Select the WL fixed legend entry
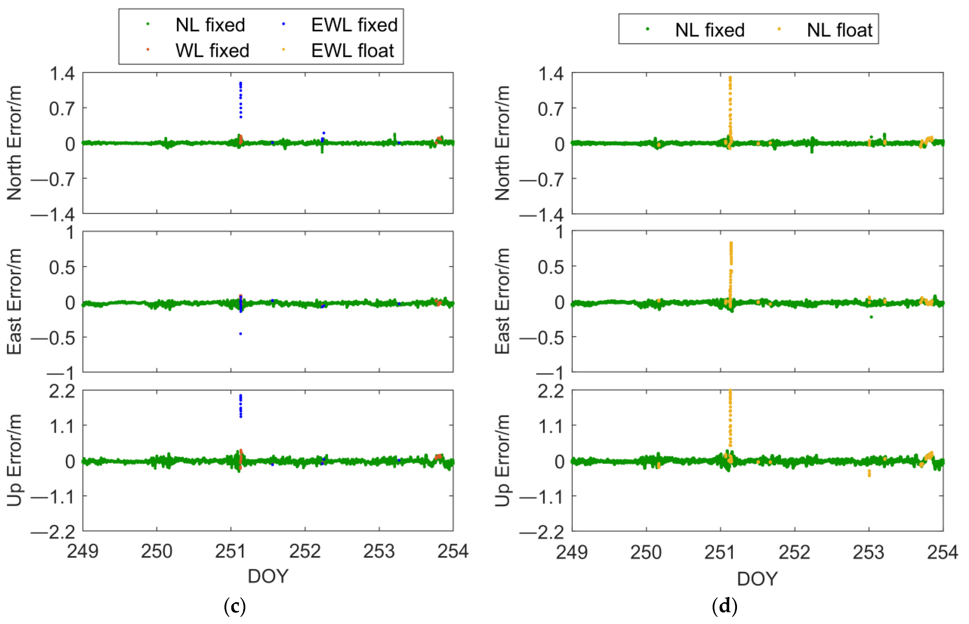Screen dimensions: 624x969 click(212, 51)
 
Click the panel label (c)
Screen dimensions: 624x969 click(235, 606)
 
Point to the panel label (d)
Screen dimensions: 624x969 click(724, 606)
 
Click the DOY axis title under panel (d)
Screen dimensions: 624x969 click(757, 578)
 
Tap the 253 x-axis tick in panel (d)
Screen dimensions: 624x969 click(868, 552)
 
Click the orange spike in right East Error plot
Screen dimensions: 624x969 click(731, 259)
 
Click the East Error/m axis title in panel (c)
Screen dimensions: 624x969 click(15, 301)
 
